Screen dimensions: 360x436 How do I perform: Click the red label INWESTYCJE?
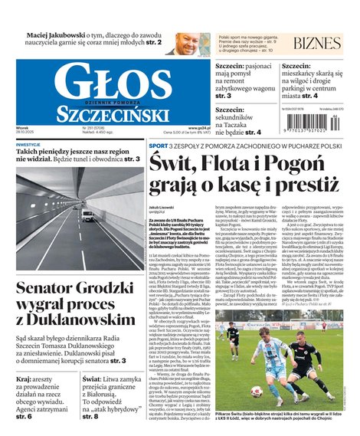[28, 145]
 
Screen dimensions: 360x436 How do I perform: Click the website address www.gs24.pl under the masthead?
[198, 129]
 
